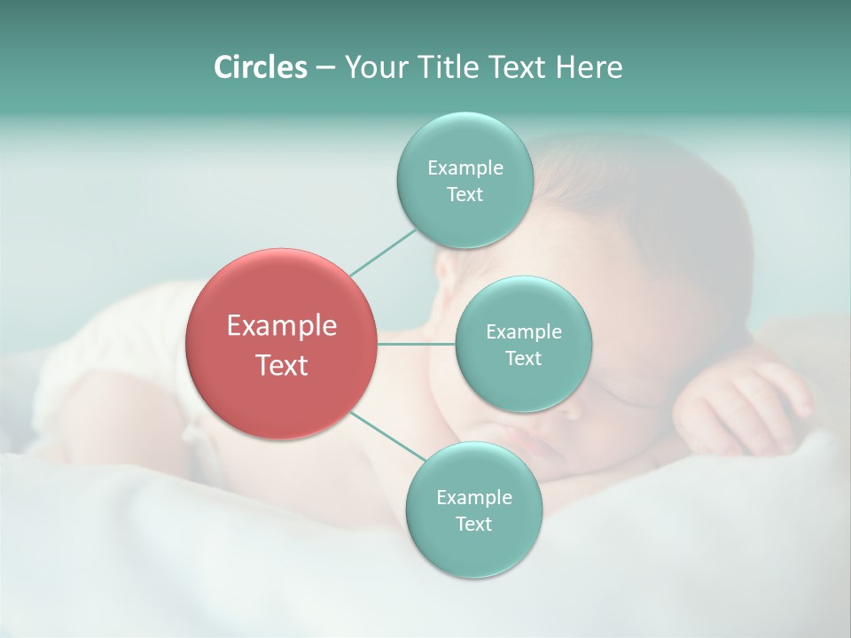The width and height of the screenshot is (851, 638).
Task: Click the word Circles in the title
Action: [x=260, y=67]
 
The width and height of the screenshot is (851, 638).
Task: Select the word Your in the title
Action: [x=374, y=67]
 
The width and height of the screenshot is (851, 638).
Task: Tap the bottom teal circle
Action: [x=473, y=549]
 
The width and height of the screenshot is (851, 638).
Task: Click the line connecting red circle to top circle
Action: [x=383, y=252]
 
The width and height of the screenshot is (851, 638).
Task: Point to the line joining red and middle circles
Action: [x=416, y=344]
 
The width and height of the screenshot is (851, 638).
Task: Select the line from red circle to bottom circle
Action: [x=387, y=437]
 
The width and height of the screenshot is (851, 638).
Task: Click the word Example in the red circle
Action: [x=282, y=326]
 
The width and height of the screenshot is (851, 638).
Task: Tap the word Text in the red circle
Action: [x=282, y=365]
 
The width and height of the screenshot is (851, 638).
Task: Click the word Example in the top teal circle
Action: [x=465, y=167]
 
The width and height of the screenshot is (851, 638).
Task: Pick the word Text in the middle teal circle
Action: [x=523, y=359]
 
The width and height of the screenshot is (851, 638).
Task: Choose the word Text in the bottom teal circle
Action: [x=473, y=525]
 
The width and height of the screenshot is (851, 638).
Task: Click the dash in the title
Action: [x=324, y=68]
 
